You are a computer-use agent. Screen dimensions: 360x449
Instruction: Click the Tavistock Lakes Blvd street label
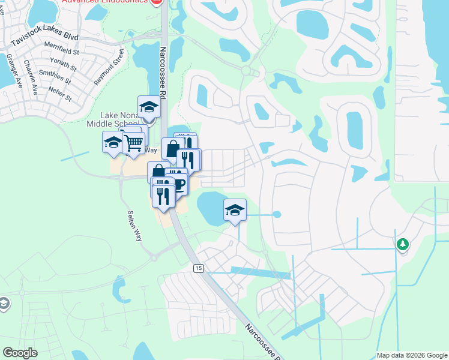click(44, 40)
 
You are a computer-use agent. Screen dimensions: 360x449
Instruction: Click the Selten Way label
click(134, 226)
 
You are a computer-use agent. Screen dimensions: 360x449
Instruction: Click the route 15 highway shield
click(198, 268)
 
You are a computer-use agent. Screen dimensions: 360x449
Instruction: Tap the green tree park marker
click(402, 244)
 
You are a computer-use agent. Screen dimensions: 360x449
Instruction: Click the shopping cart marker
click(133, 143)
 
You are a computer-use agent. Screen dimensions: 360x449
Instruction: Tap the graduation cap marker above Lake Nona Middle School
click(149, 107)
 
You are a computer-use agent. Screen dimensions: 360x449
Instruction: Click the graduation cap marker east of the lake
click(235, 210)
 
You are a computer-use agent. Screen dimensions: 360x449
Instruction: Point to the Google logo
click(20, 353)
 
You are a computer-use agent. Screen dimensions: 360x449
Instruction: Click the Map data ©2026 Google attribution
click(412, 355)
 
